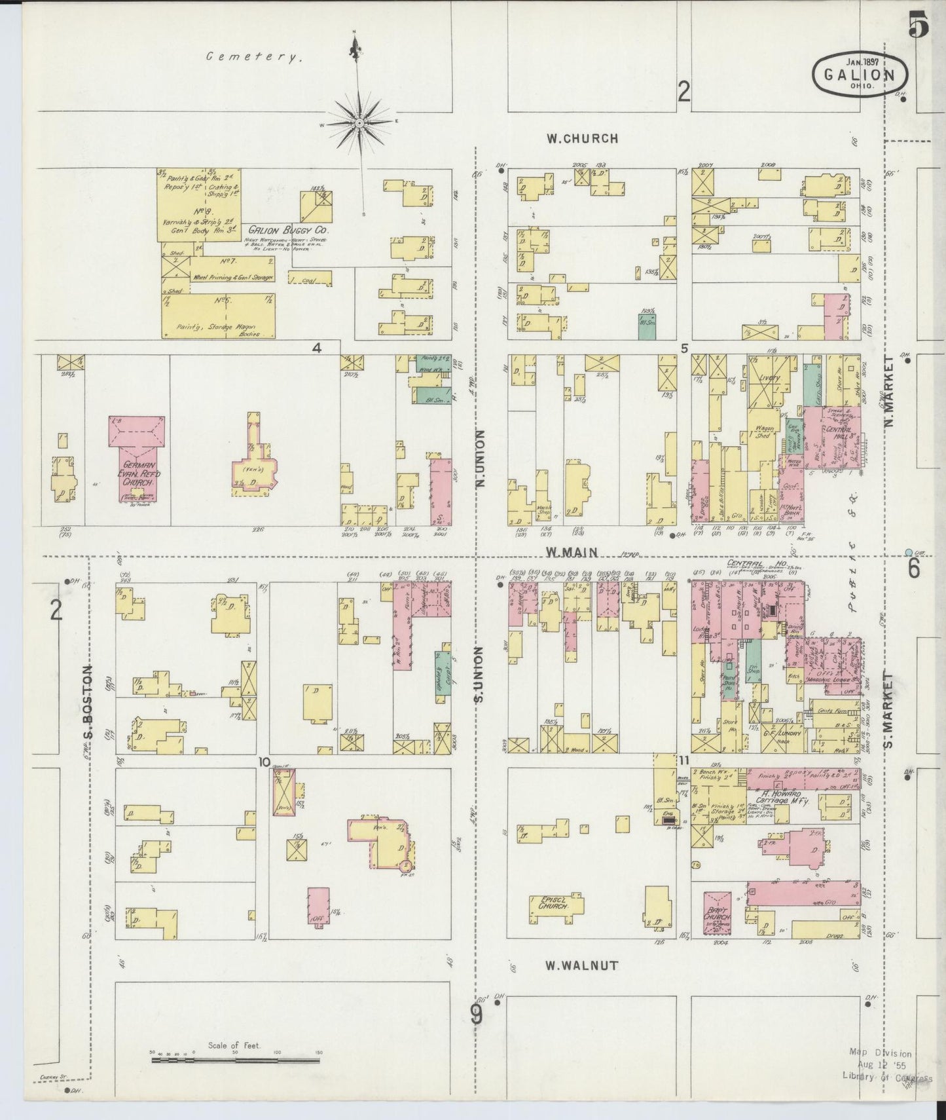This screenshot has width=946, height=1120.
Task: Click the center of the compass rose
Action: [x=360, y=122]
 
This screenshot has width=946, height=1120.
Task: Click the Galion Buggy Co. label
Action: [x=289, y=231]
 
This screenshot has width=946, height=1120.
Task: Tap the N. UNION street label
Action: [x=480, y=458]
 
